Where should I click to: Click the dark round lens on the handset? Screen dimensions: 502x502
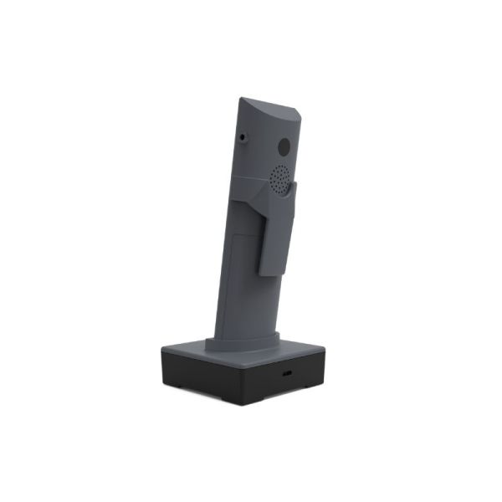[284, 146]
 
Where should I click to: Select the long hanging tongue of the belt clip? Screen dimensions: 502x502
[274, 234]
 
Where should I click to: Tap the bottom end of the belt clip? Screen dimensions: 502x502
[271, 271]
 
